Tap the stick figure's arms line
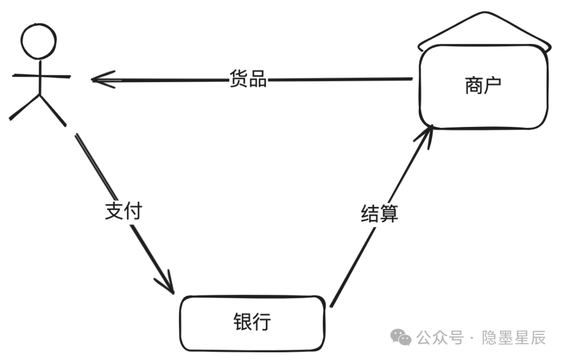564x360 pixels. [41, 76]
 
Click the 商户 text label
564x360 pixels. [483, 86]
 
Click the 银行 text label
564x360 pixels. [252, 321]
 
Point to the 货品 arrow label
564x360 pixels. [248, 78]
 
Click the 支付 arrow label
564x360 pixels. [123, 211]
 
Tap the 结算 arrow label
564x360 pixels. [380, 214]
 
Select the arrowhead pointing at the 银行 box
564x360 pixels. [166, 283]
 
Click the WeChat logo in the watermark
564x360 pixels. [401, 338]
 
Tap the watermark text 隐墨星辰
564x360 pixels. [514, 338]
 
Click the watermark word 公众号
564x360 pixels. [440, 338]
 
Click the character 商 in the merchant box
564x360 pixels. [474, 86]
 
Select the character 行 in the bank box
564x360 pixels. [262, 321]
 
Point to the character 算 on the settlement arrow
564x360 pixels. [389, 214]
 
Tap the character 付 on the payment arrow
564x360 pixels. [133, 211]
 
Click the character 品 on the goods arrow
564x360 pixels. [258, 78]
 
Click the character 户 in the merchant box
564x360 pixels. [492, 86]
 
